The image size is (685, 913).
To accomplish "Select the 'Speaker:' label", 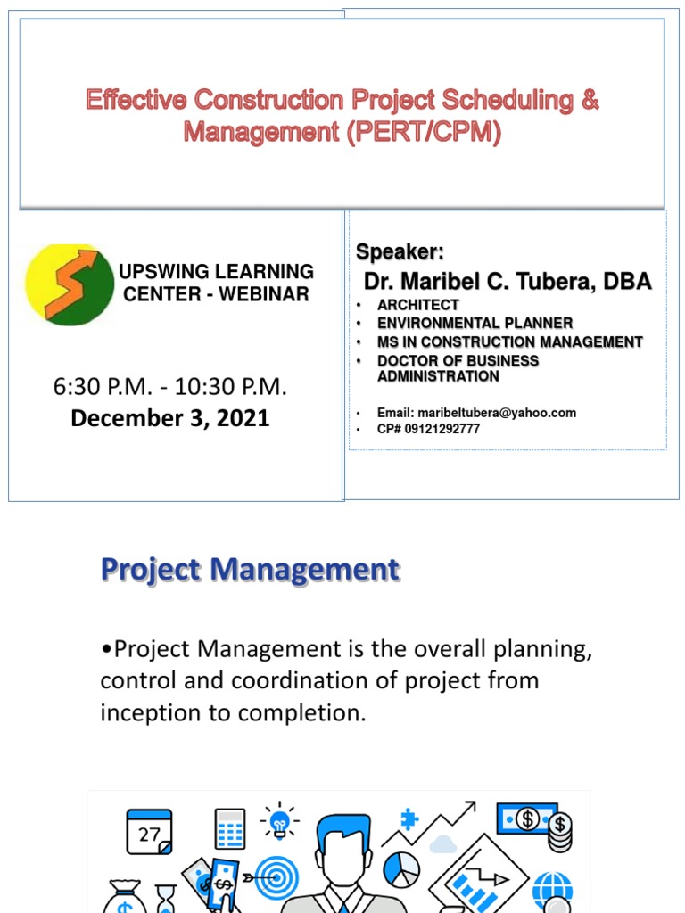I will (x=400, y=251).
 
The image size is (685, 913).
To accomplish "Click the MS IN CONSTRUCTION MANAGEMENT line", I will (x=509, y=341).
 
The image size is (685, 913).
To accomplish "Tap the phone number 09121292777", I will (x=442, y=429).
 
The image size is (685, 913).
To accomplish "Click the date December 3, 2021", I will (x=169, y=418).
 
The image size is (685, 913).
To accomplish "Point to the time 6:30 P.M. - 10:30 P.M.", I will (x=169, y=387).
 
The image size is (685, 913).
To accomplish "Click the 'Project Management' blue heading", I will (x=249, y=570).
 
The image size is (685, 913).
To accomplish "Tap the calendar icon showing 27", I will (x=148, y=832).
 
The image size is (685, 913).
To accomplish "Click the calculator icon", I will (x=230, y=829).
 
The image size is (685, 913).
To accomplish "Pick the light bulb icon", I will (x=280, y=821).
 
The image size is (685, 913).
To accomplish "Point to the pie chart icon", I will (x=401, y=869).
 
